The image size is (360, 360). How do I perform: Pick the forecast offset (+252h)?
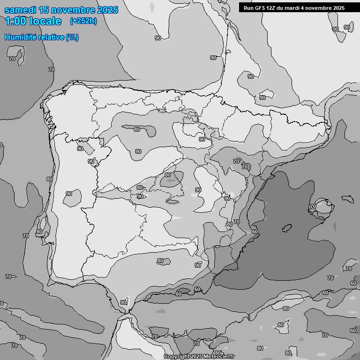tap(83, 21)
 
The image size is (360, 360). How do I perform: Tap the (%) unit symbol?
tap(72, 37)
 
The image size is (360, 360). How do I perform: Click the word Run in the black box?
tap(248, 8)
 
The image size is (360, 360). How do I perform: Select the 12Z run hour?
tap(272, 8)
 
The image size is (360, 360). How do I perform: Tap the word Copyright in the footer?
tap(176, 357)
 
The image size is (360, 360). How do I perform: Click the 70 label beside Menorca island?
tap(313, 206)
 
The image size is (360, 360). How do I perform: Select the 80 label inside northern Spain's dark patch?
tap(136, 129)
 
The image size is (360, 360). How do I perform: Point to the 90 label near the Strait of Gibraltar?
tap(123, 302)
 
